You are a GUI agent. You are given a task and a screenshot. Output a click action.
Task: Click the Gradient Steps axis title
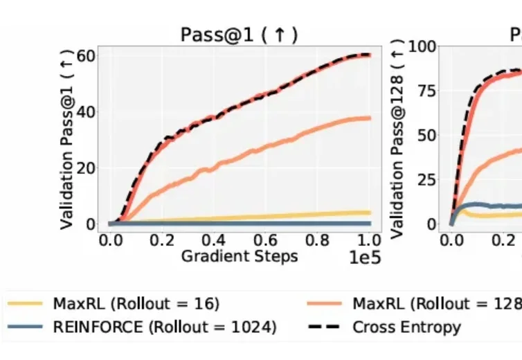pos(240,256)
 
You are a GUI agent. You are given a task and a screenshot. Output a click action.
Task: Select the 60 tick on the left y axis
pos(87,55)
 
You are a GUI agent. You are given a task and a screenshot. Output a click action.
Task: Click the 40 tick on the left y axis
pos(87,112)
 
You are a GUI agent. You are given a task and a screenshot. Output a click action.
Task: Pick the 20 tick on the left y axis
pos(87,168)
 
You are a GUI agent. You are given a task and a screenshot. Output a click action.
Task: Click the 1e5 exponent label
pos(364,259)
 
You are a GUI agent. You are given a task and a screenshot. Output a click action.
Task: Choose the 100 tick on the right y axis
pos(422,47)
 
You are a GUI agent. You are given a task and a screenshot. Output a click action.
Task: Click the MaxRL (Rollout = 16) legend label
pos(136,303)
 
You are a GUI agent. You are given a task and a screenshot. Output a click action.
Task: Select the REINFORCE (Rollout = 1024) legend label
pos(165,327)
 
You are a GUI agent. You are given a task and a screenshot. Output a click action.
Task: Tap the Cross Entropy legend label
pos(406,327)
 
